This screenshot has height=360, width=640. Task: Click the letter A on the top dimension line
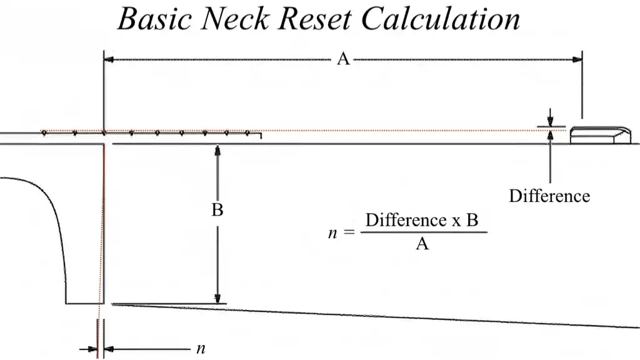(342, 59)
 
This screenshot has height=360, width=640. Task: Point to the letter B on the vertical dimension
(217, 211)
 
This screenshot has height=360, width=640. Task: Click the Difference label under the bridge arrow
(549, 196)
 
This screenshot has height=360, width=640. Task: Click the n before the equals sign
(332, 232)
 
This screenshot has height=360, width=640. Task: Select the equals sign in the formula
(348, 232)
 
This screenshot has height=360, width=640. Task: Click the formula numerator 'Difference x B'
(422, 221)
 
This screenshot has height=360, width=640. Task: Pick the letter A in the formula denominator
(422, 244)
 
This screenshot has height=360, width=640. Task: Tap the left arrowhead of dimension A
(108, 59)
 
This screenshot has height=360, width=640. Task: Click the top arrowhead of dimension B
(217, 150)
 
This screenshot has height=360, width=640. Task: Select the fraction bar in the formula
(422, 232)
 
